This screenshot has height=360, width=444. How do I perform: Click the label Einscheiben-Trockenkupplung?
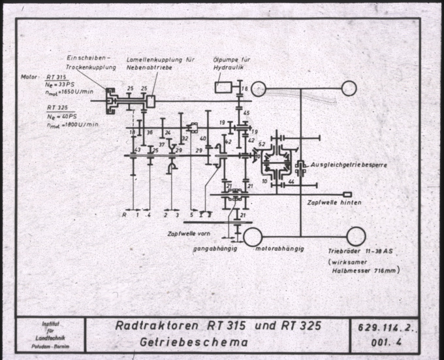tap(91, 63)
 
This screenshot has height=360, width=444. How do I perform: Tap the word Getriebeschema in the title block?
tap(196, 341)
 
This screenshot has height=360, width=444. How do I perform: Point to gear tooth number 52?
tap(262, 143)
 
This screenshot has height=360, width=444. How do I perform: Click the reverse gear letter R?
tap(124, 214)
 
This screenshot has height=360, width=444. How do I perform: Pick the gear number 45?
tap(246, 113)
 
